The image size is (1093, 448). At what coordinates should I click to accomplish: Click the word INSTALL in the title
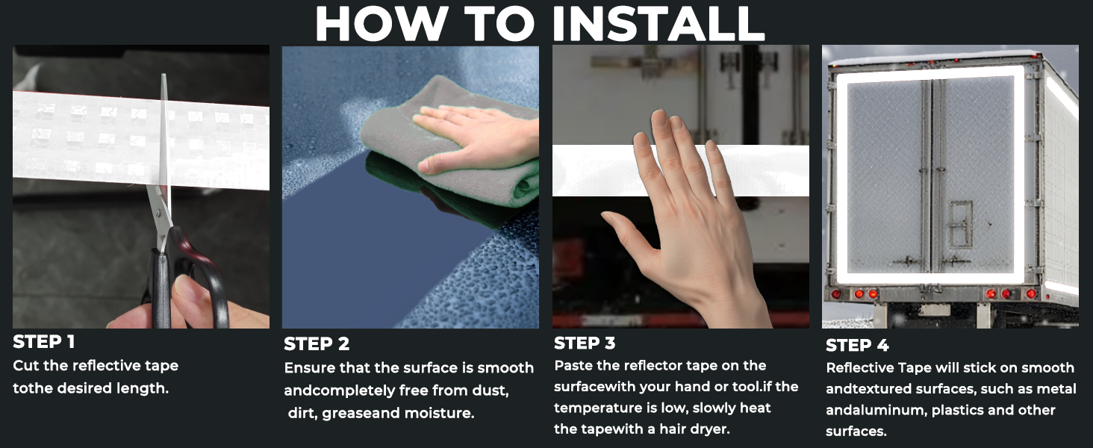[x=658, y=23]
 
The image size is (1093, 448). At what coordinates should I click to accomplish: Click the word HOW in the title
[x=382, y=23]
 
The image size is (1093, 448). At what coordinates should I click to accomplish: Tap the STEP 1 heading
[x=44, y=342]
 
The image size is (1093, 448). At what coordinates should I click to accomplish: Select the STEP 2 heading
[x=317, y=344]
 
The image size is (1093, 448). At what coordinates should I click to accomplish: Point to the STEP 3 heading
[x=585, y=343]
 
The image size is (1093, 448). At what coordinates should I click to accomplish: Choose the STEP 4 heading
[x=857, y=346]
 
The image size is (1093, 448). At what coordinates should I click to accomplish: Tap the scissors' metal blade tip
[x=164, y=75]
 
